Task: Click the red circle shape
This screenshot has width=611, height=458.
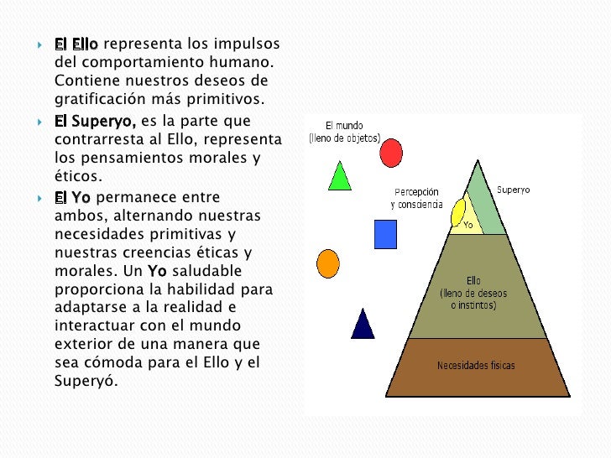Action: (390, 153)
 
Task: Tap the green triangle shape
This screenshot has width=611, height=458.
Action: (339, 176)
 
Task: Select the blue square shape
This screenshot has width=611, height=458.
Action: (385, 234)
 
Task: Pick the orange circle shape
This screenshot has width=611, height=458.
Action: (328, 264)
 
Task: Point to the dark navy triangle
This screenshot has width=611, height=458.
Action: (363, 325)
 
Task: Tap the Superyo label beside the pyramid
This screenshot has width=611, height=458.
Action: (513, 190)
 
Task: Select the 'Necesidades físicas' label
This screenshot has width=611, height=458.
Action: (477, 366)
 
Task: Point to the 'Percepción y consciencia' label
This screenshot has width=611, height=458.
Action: (417, 198)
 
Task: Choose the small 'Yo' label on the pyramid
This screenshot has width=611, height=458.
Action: (468, 225)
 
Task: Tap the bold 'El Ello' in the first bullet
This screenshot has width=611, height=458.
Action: (76, 44)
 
